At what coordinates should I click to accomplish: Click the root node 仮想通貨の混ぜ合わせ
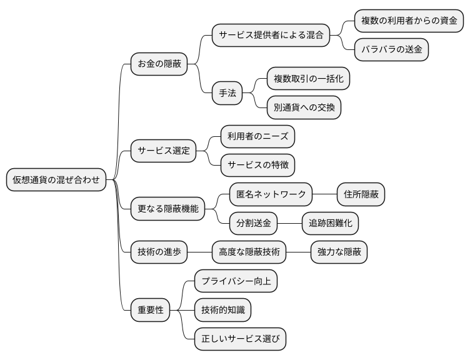coord(56,180)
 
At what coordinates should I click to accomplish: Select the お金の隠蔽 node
coord(159,64)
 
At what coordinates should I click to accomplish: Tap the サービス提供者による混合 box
coord(271,35)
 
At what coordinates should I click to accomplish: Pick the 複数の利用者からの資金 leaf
coord(409,21)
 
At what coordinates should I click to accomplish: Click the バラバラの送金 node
coord(391,50)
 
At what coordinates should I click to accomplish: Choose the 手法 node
coord(227,93)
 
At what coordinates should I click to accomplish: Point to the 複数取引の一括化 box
coord(309,79)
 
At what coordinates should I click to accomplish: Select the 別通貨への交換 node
coord(304,107)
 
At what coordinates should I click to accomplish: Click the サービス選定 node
coord(163,151)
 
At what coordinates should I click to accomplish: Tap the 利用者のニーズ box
coord(257,136)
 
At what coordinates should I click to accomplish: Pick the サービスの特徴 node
coord(257,165)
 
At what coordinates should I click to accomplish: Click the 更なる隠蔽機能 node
coord(167,209)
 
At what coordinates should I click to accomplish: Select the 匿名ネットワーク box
coord(271,194)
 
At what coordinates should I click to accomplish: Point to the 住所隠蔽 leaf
coord(361,194)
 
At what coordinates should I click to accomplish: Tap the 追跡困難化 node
coord(330,223)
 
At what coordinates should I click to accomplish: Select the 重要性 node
coord(150,310)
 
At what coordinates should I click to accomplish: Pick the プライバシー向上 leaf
coord(235,281)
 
